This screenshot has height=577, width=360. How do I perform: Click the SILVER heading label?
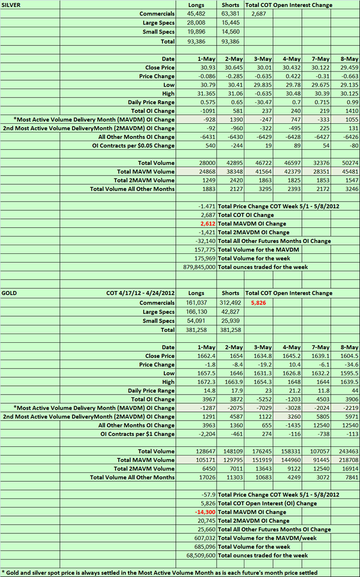click(x=13, y=5)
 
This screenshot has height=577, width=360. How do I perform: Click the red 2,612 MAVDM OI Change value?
click(x=206, y=223)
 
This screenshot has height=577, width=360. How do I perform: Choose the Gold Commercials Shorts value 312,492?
click(x=230, y=303)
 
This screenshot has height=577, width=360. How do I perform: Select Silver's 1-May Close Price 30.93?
click(x=207, y=67)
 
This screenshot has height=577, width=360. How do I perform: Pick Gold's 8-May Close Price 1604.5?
click(x=348, y=356)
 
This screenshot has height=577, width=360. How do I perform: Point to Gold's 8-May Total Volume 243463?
click(x=347, y=451)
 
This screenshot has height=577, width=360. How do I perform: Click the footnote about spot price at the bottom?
click(x=160, y=572)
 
